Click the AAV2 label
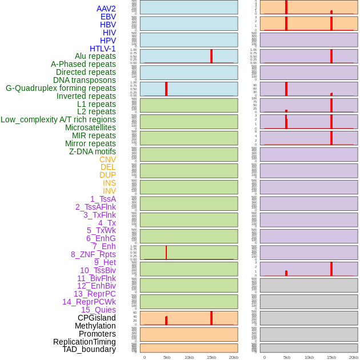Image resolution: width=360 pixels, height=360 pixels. coord(106,9)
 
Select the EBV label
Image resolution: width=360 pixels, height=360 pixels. coord(107,17)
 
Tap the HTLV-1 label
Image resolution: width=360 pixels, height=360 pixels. coord(102,49)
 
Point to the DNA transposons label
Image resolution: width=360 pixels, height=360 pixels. coord(85,80)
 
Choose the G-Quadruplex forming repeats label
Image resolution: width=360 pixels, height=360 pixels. coord(61,88)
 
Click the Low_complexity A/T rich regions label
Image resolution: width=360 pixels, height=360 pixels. coord(58,119)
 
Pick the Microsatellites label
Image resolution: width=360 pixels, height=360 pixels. coord(90,127)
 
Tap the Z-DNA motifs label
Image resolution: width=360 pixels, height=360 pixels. coord(92,151)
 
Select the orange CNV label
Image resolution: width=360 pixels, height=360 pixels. coord(107,159)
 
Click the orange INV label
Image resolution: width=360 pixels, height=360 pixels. coord(109,191)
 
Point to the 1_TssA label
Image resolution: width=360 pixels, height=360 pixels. coord(103,199)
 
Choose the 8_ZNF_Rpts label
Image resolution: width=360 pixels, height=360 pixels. coord(93,254)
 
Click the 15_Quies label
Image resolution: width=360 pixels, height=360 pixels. coord(98,310)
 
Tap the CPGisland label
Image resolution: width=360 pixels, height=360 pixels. coord(97,318)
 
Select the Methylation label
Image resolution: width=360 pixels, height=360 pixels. coord(95,326)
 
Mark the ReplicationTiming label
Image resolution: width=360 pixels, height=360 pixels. coord(84,342)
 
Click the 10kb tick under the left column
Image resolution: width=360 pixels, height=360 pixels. coord(189,357)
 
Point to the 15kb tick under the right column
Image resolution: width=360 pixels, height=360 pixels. coord(331,357)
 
